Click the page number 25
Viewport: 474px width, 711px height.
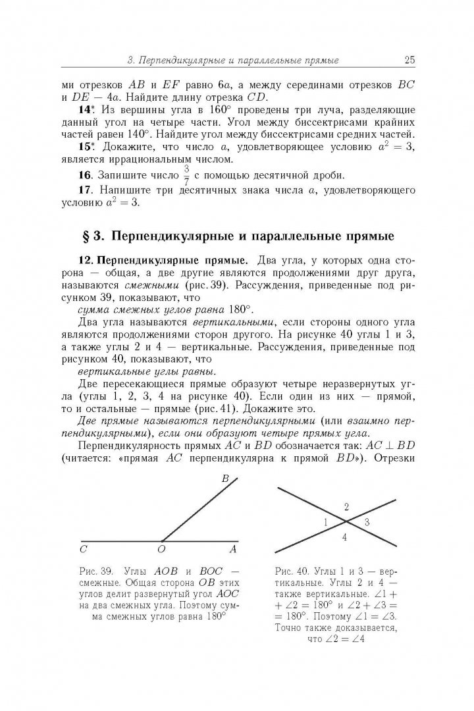(409, 61)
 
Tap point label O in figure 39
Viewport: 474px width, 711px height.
(161, 548)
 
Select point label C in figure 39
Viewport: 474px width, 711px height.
(84, 548)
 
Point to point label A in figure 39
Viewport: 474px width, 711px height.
(232, 548)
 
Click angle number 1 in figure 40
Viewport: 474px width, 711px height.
(325, 522)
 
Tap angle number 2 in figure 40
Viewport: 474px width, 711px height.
(346, 506)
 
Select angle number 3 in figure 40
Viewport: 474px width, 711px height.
(367, 522)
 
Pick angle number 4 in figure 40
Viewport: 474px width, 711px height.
(344, 538)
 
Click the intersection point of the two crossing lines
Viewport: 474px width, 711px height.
(346, 521)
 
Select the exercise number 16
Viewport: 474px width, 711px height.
(84, 175)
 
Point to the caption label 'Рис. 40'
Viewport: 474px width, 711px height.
(288, 570)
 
